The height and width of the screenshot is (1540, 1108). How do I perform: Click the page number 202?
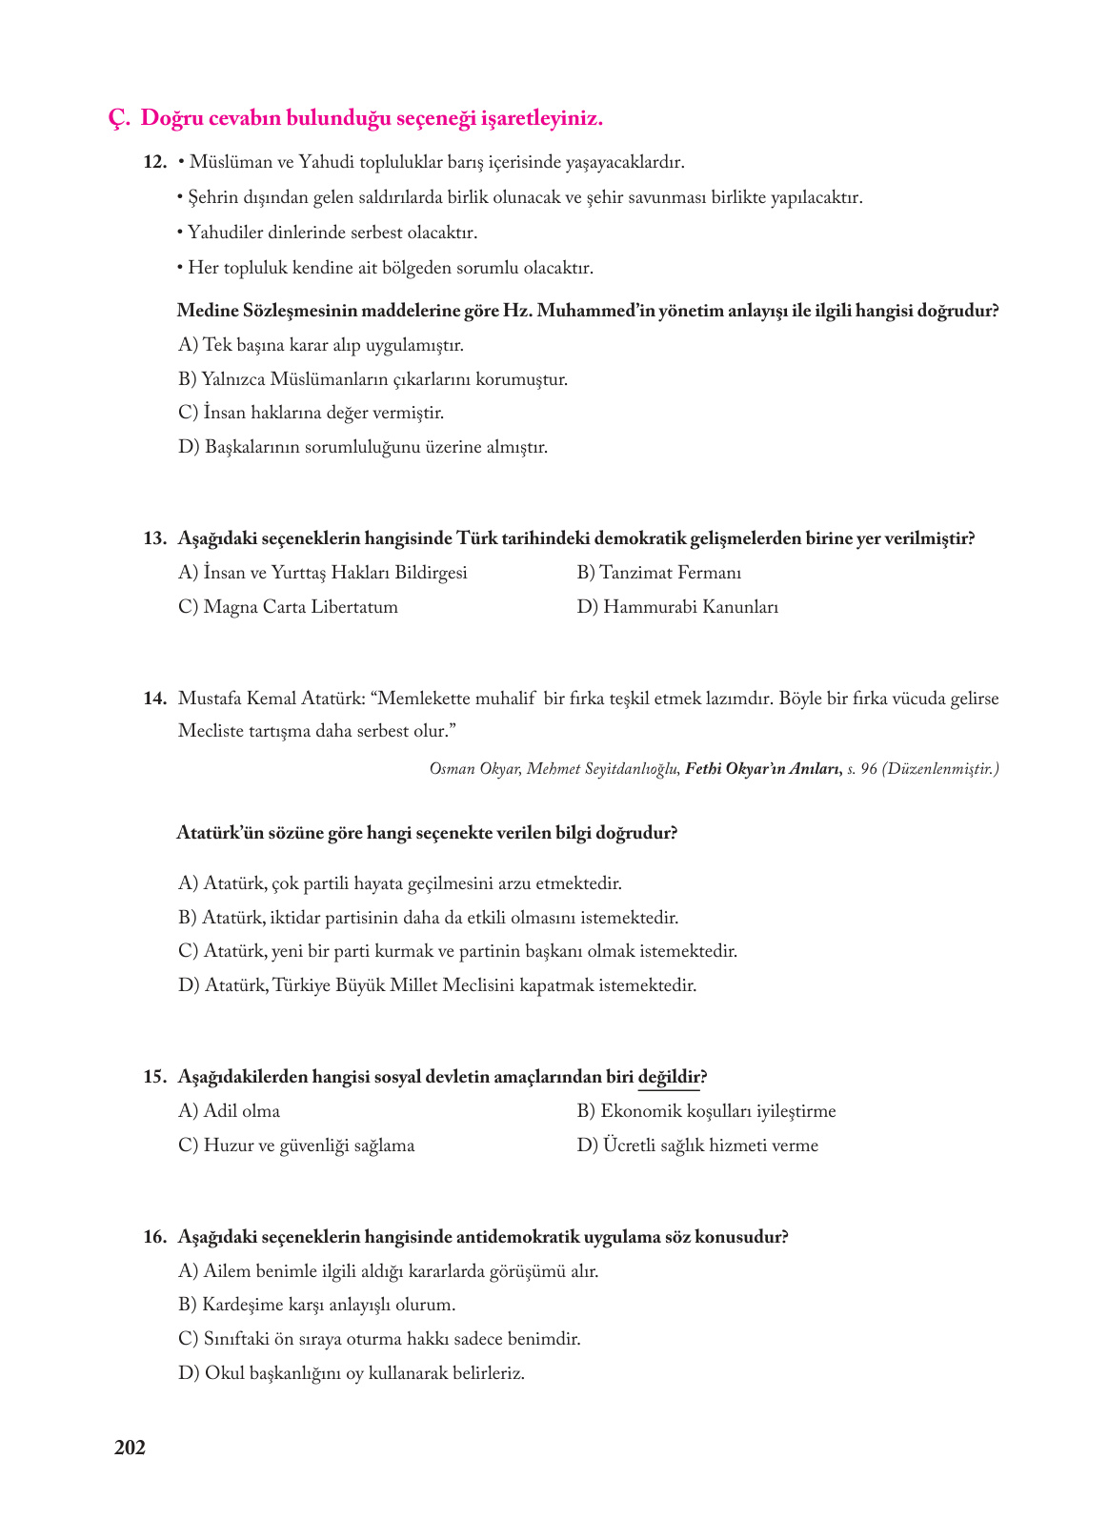tap(130, 1448)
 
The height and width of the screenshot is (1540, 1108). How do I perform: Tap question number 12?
tap(155, 163)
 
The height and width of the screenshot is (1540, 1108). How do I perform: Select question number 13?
tap(155, 538)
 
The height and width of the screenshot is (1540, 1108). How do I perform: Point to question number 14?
tap(155, 699)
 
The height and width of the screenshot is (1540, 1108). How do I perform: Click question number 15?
tap(155, 1077)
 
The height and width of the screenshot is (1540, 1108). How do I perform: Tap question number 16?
tap(155, 1237)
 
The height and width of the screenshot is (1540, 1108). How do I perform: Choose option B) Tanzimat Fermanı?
tap(658, 573)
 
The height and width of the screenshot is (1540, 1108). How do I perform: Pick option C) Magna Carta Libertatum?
tap(288, 607)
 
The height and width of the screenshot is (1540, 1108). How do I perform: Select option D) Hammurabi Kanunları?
tap(677, 607)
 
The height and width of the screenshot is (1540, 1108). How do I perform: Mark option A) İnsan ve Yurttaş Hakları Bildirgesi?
tap(322, 573)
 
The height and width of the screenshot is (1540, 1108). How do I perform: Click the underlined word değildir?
tap(669, 1077)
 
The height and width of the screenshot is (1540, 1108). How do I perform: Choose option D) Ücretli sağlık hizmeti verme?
tap(697, 1145)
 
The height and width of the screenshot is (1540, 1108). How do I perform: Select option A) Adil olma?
tap(229, 1111)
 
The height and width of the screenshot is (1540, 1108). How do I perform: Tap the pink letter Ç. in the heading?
tap(118, 119)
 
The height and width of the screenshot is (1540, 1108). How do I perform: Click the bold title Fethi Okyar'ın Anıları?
tap(762, 769)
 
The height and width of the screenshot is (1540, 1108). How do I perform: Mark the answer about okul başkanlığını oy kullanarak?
tap(352, 1373)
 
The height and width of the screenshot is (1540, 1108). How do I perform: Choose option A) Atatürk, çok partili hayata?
tap(399, 883)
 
